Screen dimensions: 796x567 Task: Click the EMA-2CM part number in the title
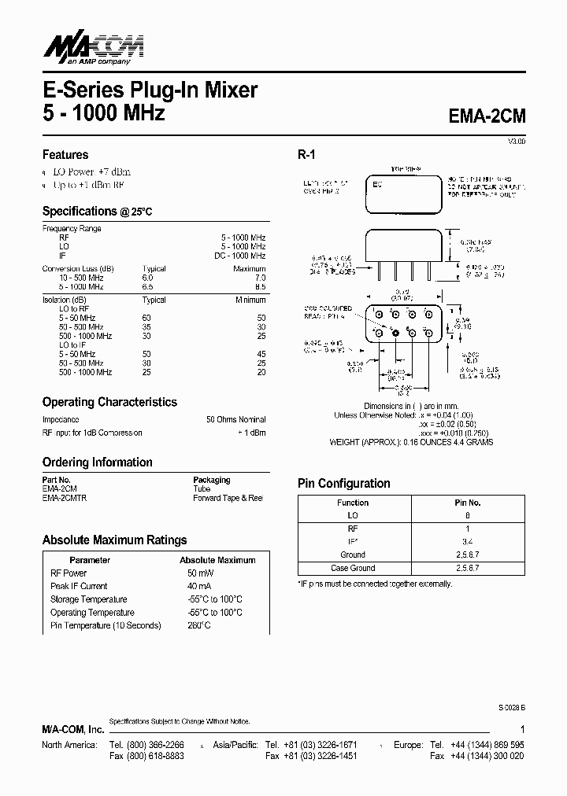pyautogui.click(x=486, y=116)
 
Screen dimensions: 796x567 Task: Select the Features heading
pyautogui.click(x=65, y=155)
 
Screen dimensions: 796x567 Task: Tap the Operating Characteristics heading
pyautogui.click(x=109, y=402)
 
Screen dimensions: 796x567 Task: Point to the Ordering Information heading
pyautogui.click(x=97, y=462)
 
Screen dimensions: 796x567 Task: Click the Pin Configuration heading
pyautogui.click(x=343, y=484)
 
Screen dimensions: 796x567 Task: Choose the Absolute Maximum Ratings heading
pyautogui.click(x=114, y=540)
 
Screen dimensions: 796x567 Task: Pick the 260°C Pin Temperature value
pyautogui.click(x=198, y=625)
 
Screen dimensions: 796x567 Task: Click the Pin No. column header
pyautogui.click(x=467, y=503)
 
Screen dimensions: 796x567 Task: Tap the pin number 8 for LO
pyautogui.click(x=467, y=516)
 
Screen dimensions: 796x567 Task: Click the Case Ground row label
pyautogui.click(x=352, y=568)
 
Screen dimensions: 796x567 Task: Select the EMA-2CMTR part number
pyautogui.click(x=65, y=498)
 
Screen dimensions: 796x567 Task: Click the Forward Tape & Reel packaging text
pyautogui.click(x=228, y=498)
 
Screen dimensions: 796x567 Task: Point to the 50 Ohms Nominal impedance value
pyautogui.click(x=235, y=420)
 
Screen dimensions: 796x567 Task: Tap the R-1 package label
pyautogui.click(x=306, y=156)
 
